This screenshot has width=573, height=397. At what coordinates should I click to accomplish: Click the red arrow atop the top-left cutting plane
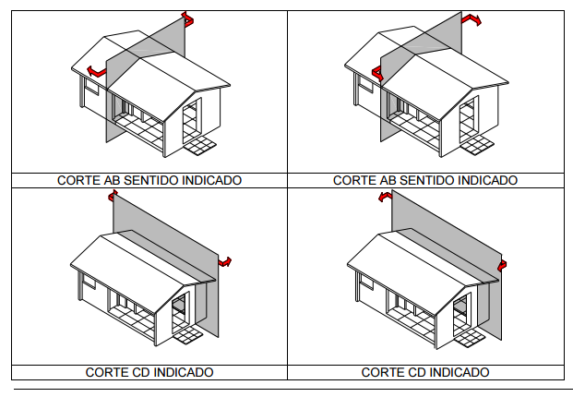coord(188,19)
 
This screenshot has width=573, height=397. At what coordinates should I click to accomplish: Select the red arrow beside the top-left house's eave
coord(97,71)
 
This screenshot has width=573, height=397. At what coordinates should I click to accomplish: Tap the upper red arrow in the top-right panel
coord(472,19)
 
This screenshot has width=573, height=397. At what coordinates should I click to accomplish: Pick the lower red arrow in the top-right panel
coord(377,73)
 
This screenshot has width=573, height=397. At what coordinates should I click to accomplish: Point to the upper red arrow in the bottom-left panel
coord(113,196)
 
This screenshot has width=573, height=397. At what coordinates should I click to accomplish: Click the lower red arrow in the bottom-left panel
coord(225,262)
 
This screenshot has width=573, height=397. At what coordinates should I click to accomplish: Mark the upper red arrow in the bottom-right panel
coord(385,197)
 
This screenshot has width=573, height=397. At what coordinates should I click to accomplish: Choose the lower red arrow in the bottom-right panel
coord(503,266)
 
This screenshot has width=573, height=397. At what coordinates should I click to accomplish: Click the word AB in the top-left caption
coord(113,180)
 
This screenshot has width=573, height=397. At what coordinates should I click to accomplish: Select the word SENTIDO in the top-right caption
coord(426,180)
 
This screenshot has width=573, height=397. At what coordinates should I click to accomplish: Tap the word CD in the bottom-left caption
coord(140,372)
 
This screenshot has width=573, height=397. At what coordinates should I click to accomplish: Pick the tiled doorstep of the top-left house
coord(199,146)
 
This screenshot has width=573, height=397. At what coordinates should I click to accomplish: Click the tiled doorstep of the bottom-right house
coord(470,338)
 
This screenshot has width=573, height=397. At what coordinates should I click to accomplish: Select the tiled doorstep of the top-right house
coord(477,145)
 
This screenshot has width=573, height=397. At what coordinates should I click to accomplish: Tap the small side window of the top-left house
coord(91,86)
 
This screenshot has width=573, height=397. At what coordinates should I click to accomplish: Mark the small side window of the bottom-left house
coord(89,281)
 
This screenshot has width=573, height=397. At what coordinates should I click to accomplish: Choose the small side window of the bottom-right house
coord(367,281)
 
